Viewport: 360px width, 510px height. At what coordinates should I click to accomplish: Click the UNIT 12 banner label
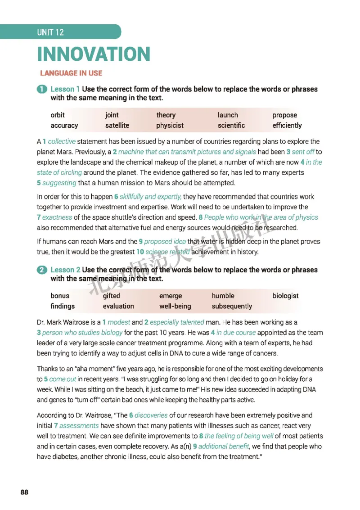[50, 32]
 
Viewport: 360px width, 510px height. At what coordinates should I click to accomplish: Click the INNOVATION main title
[93, 54]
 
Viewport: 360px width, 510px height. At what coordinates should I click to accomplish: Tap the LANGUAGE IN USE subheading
[71, 73]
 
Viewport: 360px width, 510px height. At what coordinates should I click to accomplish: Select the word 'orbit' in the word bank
[58, 115]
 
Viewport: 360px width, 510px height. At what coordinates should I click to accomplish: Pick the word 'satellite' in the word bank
[117, 126]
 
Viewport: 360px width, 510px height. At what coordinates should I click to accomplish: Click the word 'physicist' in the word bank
[170, 126]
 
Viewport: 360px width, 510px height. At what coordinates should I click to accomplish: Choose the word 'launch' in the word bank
[228, 115]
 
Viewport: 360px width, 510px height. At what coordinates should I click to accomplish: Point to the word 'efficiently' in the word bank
[287, 126]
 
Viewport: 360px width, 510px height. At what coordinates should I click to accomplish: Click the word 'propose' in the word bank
[284, 115]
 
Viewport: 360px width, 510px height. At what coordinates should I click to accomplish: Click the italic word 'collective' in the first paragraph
[62, 141]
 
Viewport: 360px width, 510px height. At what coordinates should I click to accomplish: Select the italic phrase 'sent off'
[303, 152]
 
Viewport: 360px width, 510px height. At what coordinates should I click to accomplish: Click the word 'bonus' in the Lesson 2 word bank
[60, 296]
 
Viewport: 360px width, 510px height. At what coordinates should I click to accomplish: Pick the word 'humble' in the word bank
[223, 296]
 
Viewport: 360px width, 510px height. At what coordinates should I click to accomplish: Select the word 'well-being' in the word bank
[175, 306]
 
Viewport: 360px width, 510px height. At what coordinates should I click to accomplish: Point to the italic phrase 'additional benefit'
[223, 446]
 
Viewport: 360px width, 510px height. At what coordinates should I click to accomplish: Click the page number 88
[24, 492]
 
